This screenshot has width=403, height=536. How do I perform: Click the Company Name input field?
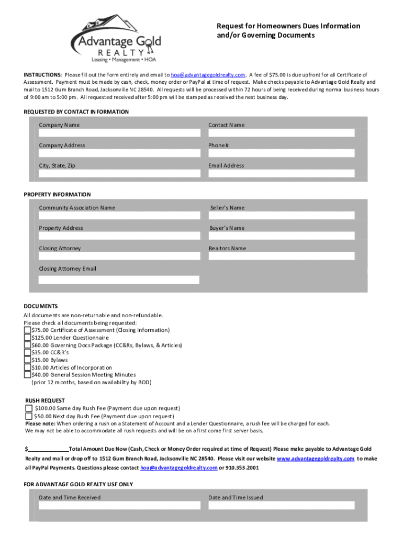[119, 133]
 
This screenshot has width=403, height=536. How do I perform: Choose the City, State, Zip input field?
[119, 173]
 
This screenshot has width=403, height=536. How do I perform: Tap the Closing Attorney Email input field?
[119, 280]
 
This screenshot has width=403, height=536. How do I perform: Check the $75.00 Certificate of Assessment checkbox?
[28, 330]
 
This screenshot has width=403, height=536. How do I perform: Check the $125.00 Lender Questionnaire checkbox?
[28, 338]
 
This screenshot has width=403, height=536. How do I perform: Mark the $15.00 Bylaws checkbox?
[28, 360]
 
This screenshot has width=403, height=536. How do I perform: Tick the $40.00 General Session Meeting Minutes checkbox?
[28, 375]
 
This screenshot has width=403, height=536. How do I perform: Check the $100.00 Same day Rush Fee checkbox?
[29, 408]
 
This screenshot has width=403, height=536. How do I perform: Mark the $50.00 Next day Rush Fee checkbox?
[29, 416]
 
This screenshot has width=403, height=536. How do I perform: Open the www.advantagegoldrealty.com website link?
[315, 459]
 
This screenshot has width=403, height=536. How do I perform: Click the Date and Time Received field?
[119, 506]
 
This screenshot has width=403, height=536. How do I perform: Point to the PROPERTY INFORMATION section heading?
[57, 195]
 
